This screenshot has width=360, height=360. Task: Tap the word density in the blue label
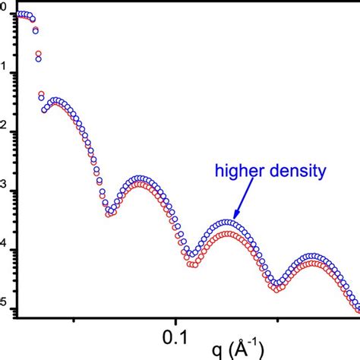click(297, 172)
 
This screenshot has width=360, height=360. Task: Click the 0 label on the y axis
click(5, 11)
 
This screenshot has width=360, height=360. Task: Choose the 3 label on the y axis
click(5, 188)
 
